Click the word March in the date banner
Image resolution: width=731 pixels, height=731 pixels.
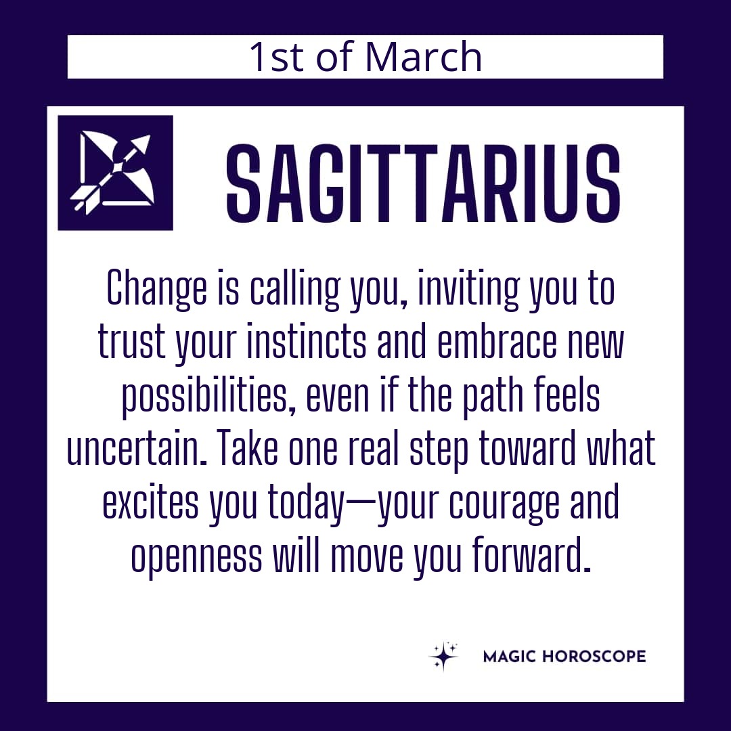point(423,57)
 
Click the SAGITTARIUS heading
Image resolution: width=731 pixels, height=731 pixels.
point(423,183)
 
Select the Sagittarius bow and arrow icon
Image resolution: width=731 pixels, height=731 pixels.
point(115,173)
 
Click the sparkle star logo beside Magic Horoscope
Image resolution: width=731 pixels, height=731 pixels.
point(443,656)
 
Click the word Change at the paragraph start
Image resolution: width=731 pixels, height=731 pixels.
point(156,290)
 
